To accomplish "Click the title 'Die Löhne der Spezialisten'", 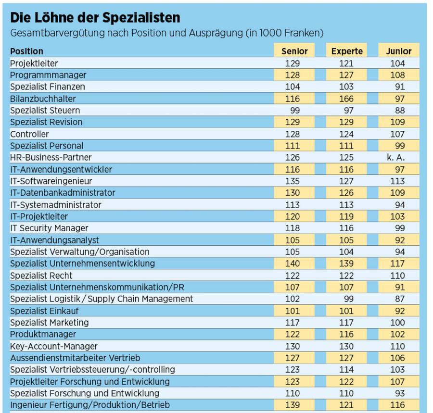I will pos(95,18).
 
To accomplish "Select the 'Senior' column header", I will pos(294,51).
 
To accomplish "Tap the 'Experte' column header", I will pos(346,51).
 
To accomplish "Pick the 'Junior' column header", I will pos(398,51).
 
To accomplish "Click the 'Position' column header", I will pos(26,51).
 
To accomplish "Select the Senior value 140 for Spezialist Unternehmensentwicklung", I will pos(293,263).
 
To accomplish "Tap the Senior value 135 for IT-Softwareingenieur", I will pos(293,181).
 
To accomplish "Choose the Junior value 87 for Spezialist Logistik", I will pos(400,299).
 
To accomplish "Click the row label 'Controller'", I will pos(29,134).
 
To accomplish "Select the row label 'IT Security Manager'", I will pos(49,228).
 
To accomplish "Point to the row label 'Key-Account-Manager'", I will pos(54,346).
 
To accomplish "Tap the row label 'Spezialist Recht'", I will pos(41,275).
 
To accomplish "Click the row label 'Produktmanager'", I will pos(43,334).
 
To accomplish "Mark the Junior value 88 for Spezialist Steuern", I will pos(400,110).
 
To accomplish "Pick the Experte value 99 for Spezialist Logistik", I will pos(348,299).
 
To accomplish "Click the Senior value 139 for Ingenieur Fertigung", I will pos(293,405).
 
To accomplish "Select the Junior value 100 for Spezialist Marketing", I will pos(398,322).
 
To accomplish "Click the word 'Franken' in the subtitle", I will pos(304,33).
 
